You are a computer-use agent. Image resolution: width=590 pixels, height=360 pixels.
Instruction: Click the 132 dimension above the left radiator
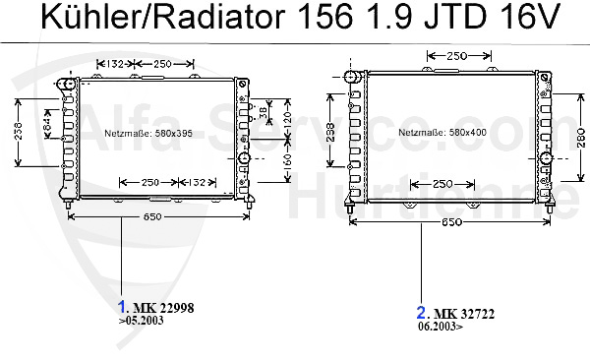coord(117,64)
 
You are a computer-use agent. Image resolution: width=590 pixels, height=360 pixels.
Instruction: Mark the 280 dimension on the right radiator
coord(581,134)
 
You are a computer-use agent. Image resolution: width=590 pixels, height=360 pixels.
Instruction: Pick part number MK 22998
coord(162,308)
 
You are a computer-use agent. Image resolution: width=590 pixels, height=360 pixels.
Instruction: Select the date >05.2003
coord(140,321)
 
